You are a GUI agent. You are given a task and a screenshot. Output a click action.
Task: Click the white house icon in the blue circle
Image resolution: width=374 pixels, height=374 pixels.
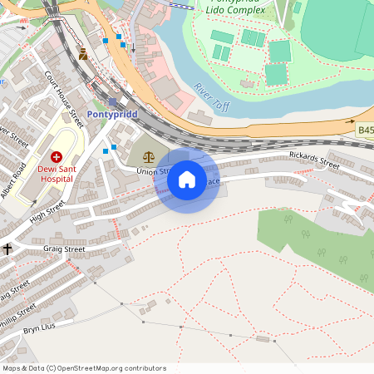(x=187, y=180)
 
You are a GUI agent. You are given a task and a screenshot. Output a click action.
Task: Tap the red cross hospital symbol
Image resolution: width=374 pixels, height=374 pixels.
(x=57, y=155)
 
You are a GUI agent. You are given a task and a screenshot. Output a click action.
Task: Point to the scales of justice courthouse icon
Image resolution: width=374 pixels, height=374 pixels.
(x=149, y=155)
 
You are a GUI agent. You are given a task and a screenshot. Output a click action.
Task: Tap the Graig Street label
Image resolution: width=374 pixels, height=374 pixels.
(x=64, y=249)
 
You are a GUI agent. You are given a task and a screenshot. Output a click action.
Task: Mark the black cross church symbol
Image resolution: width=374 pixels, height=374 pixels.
(x=7, y=249)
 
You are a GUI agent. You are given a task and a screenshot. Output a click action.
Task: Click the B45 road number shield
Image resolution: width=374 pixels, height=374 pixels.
(x=366, y=130)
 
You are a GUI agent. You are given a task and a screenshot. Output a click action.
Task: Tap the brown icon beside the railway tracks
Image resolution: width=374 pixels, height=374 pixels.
(x=83, y=54)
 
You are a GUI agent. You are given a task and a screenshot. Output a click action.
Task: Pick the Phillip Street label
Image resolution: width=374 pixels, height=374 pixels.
(x=18, y=313)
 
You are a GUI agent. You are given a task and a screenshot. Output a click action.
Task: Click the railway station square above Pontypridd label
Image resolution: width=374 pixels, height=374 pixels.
(x=112, y=101)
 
